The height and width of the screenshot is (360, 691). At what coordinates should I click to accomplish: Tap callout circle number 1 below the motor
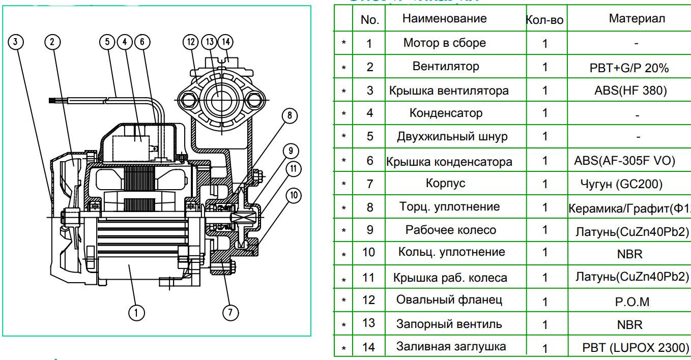tap(136, 312)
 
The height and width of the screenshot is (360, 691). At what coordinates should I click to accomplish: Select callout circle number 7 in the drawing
tap(231, 312)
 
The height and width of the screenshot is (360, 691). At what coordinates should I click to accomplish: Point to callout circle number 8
tap(289, 115)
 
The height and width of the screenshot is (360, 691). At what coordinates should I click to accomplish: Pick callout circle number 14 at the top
tap(225, 42)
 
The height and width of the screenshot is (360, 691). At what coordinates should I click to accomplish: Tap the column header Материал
tap(636, 19)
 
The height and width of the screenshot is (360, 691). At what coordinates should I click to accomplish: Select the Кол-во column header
tap(544, 20)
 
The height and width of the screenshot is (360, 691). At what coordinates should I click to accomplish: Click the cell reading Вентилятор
tap(446, 67)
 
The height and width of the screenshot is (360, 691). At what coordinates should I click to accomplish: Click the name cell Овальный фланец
tap(449, 299)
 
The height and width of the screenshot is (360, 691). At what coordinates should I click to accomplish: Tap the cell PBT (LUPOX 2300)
tap(636, 348)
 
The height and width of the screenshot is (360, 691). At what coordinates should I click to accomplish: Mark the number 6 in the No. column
tap(370, 160)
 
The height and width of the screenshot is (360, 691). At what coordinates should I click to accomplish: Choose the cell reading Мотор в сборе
tap(444, 43)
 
